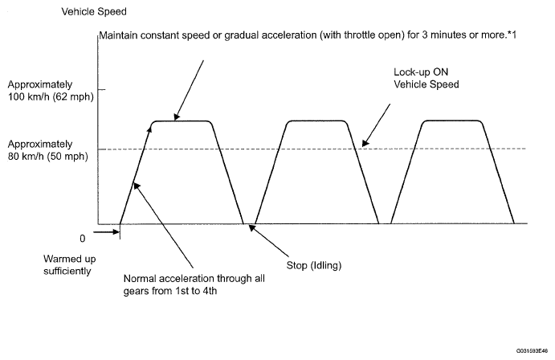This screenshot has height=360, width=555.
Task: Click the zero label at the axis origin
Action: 81,239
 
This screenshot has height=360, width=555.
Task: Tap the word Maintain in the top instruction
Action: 117,36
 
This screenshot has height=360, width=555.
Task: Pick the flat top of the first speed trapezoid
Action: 182,121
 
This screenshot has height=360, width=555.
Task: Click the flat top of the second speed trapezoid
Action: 317,121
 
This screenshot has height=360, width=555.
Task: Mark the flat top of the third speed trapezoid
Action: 453,121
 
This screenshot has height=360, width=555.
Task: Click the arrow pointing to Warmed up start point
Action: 105,232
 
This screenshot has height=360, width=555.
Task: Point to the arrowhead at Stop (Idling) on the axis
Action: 251,227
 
